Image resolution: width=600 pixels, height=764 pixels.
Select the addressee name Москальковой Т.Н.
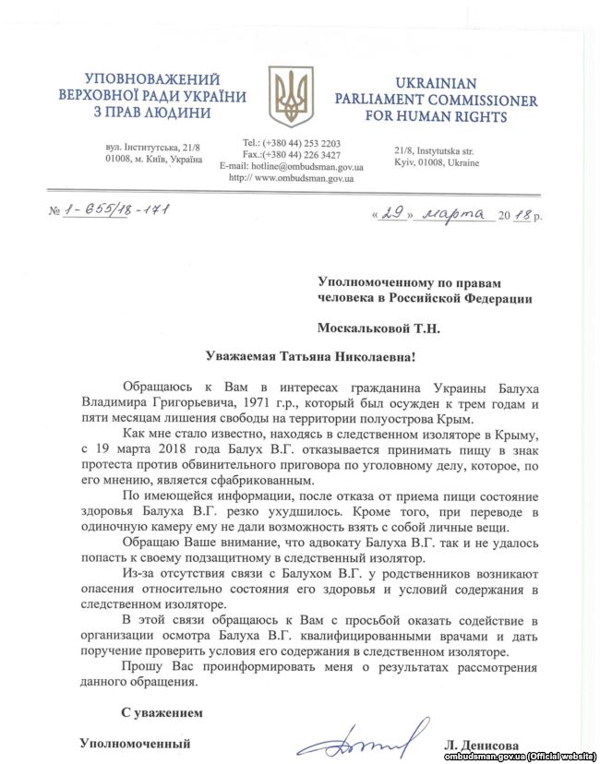click(x=379, y=327)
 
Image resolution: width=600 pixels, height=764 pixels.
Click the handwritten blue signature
click(x=365, y=737)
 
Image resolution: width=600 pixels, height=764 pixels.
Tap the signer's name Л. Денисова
click(x=481, y=744)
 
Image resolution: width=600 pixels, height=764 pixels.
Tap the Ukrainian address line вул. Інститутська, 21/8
click(x=153, y=148)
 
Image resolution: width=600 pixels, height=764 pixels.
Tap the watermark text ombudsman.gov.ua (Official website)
click(x=522, y=756)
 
